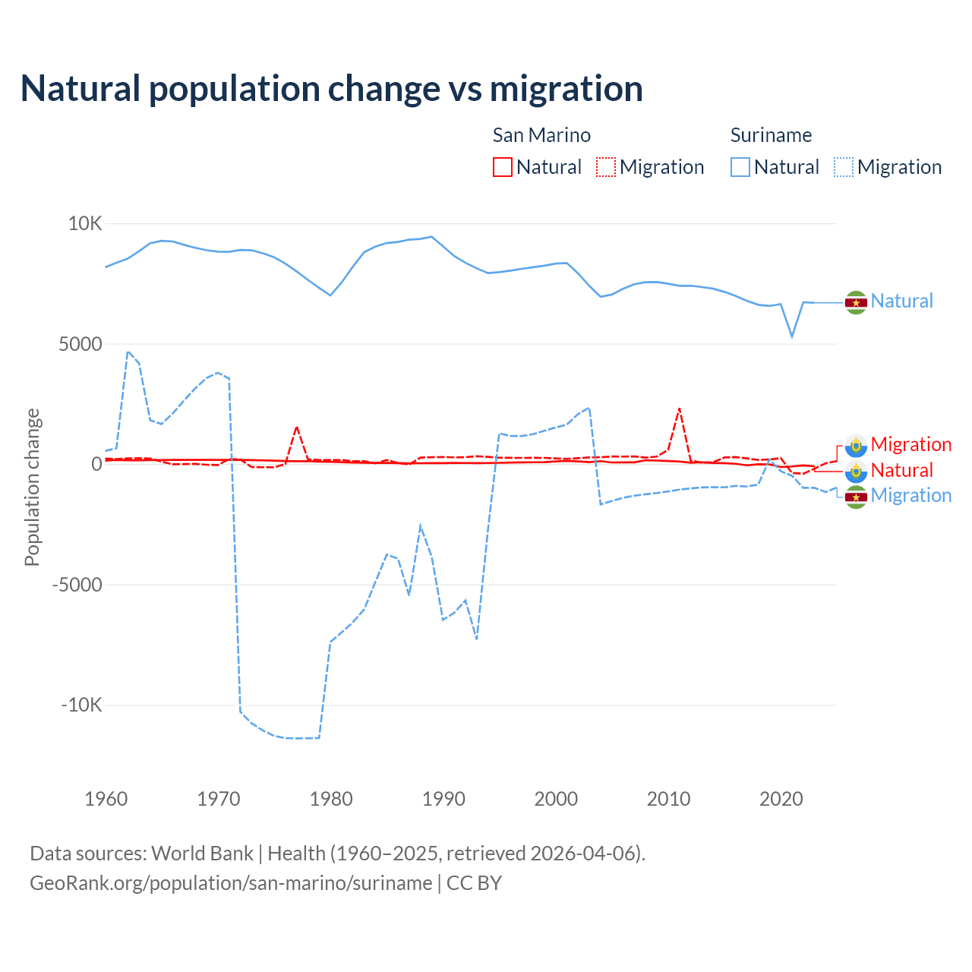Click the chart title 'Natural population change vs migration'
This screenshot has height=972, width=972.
pyautogui.click(x=332, y=89)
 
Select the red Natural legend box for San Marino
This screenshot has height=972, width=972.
pyautogui.click(x=503, y=167)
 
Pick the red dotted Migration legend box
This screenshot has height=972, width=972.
pyautogui.click(x=606, y=167)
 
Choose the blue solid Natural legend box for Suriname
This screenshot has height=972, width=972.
pyautogui.click(x=740, y=167)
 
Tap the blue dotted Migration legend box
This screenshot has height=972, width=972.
pyautogui.click(x=844, y=167)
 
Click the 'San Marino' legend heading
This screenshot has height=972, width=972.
pyautogui.click(x=541, y=135)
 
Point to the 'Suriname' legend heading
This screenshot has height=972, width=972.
pyautogui.click(x=771, y=135)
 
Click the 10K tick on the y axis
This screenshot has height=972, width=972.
pyautogui.click(x=85, y=224)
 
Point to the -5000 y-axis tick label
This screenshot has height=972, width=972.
pyautogui.click(x=77, y=585)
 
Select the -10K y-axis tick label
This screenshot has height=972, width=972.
pyautogui.click(x=81, y=705)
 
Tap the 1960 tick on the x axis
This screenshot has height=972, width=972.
pyautogui.click(x=106, y=799)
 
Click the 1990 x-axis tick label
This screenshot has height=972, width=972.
pyautogui.click(x=443, y=799)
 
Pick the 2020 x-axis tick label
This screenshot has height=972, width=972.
pyautogui.click(x=781, y=799)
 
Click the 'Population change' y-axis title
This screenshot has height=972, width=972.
pyautogui.click(x=32, y=488)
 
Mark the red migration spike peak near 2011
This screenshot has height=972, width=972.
pyautogui.click(x=679, y=409)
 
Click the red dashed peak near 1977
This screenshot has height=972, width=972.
pyautogui.click(x=297, y=427)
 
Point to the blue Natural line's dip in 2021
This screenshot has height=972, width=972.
pyautogui.click(x=792, y=336)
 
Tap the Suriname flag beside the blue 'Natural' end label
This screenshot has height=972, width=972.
pyautogui.click(x=856, y=302)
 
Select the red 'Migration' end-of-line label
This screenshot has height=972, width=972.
pyautogui.click(x=911, y=444)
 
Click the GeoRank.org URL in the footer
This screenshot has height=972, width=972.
pyautogui.click(x=231, y=883)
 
